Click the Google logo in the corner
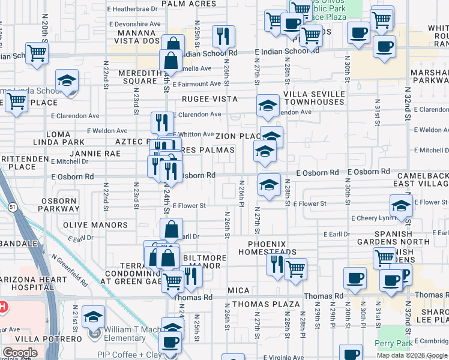20,353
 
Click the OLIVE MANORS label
95,225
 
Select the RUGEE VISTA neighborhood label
211,99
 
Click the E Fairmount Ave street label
197,84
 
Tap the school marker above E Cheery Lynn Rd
401,205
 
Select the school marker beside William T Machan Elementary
94,316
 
